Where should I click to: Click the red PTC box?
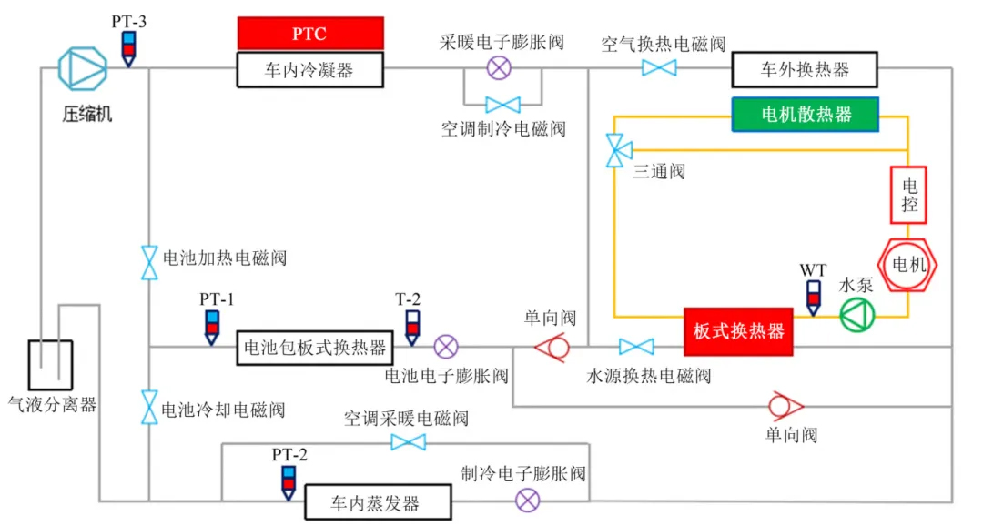point(310,34)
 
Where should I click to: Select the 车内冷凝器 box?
point(310,69)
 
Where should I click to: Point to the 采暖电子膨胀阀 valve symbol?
point(500,66)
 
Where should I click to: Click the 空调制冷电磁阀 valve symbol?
point(502,105)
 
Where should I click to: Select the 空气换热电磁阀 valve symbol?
point(659,68)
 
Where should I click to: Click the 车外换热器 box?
point(804,69)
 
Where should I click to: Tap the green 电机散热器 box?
point(806,114)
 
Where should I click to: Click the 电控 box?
point(908,195)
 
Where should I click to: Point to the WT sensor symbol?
point(814,296)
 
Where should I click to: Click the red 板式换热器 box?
point(738,331)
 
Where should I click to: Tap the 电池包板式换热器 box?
point(315,347)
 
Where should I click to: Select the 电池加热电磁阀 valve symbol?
point(148,262)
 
